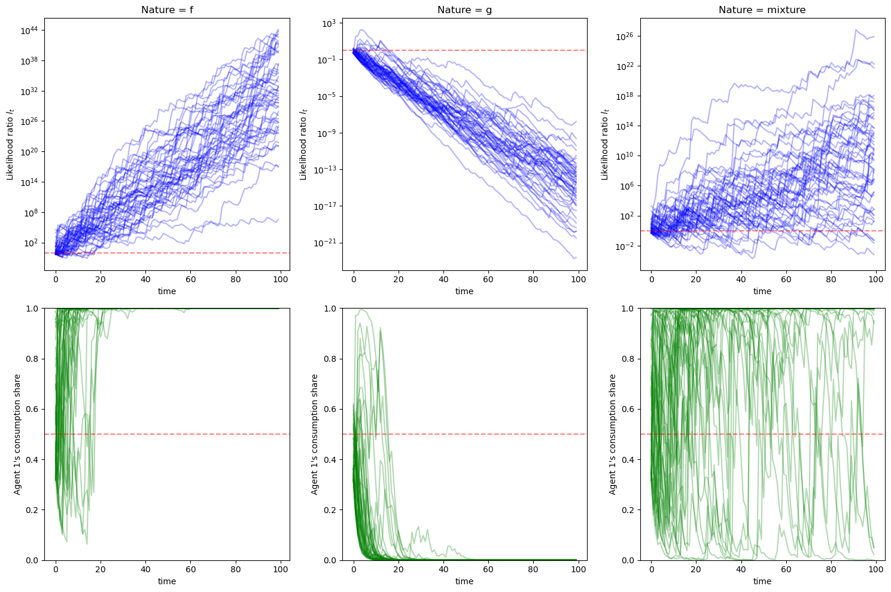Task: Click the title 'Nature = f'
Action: (167, 10)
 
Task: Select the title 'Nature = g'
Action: (464, 10)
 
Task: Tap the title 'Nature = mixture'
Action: (762, 10)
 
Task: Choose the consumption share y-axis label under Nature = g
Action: (315, 434)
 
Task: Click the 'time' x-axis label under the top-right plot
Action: (762, 291)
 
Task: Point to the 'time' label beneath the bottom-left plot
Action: (167, 581)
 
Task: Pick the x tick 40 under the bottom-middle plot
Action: (443, 569)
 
